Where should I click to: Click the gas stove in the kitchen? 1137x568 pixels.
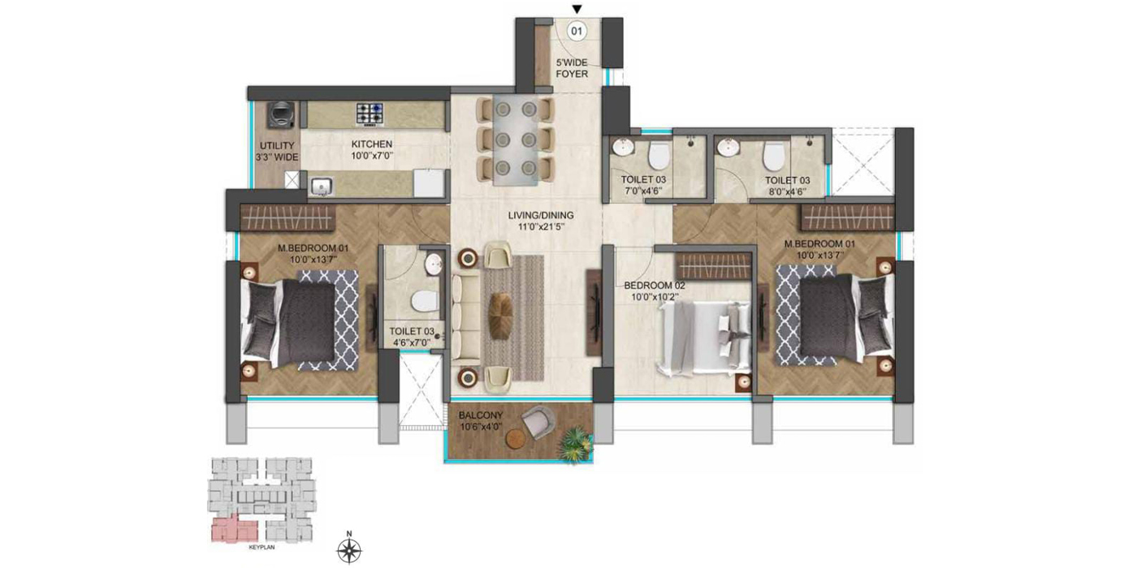(370, 114)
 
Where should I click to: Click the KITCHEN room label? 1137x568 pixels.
(372, 144)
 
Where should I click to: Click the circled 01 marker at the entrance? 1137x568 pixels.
(577, 32)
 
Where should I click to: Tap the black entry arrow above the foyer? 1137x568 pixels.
(577, 9)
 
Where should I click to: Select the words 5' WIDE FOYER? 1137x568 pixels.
(572, 68)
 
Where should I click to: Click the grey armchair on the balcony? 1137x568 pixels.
(538, 421)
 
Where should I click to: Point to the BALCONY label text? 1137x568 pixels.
(482, 415)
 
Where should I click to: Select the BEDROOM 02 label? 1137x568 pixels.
(655, 286)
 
